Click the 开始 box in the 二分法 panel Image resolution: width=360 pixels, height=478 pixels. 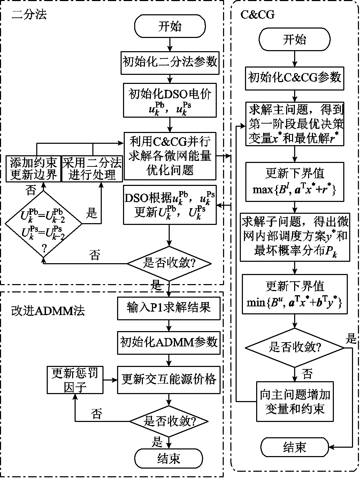[170, 26]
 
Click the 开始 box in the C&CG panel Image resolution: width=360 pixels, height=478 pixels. [295, 40]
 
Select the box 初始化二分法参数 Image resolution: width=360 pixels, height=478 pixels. [170, 62]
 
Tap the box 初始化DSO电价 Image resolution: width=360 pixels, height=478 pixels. [170, 100]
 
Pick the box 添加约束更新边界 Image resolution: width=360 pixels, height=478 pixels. [33, 169]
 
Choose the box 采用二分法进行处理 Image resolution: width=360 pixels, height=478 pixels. [92, 169]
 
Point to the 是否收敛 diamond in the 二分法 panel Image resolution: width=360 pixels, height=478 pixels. [169, 263]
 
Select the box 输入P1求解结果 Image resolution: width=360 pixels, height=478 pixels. [169, 308]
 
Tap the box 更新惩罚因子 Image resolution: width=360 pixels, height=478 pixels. [75, 380]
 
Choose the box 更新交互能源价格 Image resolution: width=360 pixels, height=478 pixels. [169, 380]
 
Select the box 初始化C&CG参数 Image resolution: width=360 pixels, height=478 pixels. [295, 77]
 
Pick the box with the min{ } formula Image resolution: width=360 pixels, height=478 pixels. [295, 295]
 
